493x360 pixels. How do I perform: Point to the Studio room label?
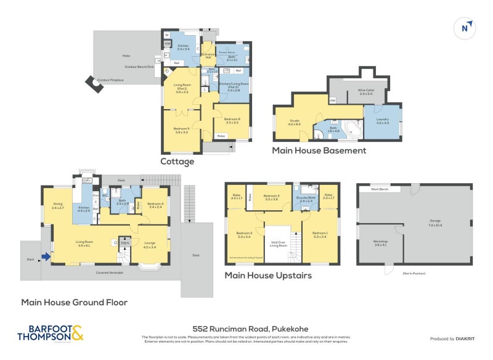pyautogui.click(x=294, y=121)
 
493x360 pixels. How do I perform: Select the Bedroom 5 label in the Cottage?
pyautogui.click(x=181, y=130)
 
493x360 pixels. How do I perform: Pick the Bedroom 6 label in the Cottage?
pyautogui.click(x=232, y=120)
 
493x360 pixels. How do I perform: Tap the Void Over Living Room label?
pyautogui.click(x=279, y=243)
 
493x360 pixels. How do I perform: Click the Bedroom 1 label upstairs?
pyautogui.click(x=320, y=234)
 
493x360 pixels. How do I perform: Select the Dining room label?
pyautogui.click(x=58, y=207)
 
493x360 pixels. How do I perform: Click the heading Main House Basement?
pyautogui.click(x=319, y=150)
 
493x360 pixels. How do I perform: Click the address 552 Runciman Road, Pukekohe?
pyautogui.click(x=246, y=329)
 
